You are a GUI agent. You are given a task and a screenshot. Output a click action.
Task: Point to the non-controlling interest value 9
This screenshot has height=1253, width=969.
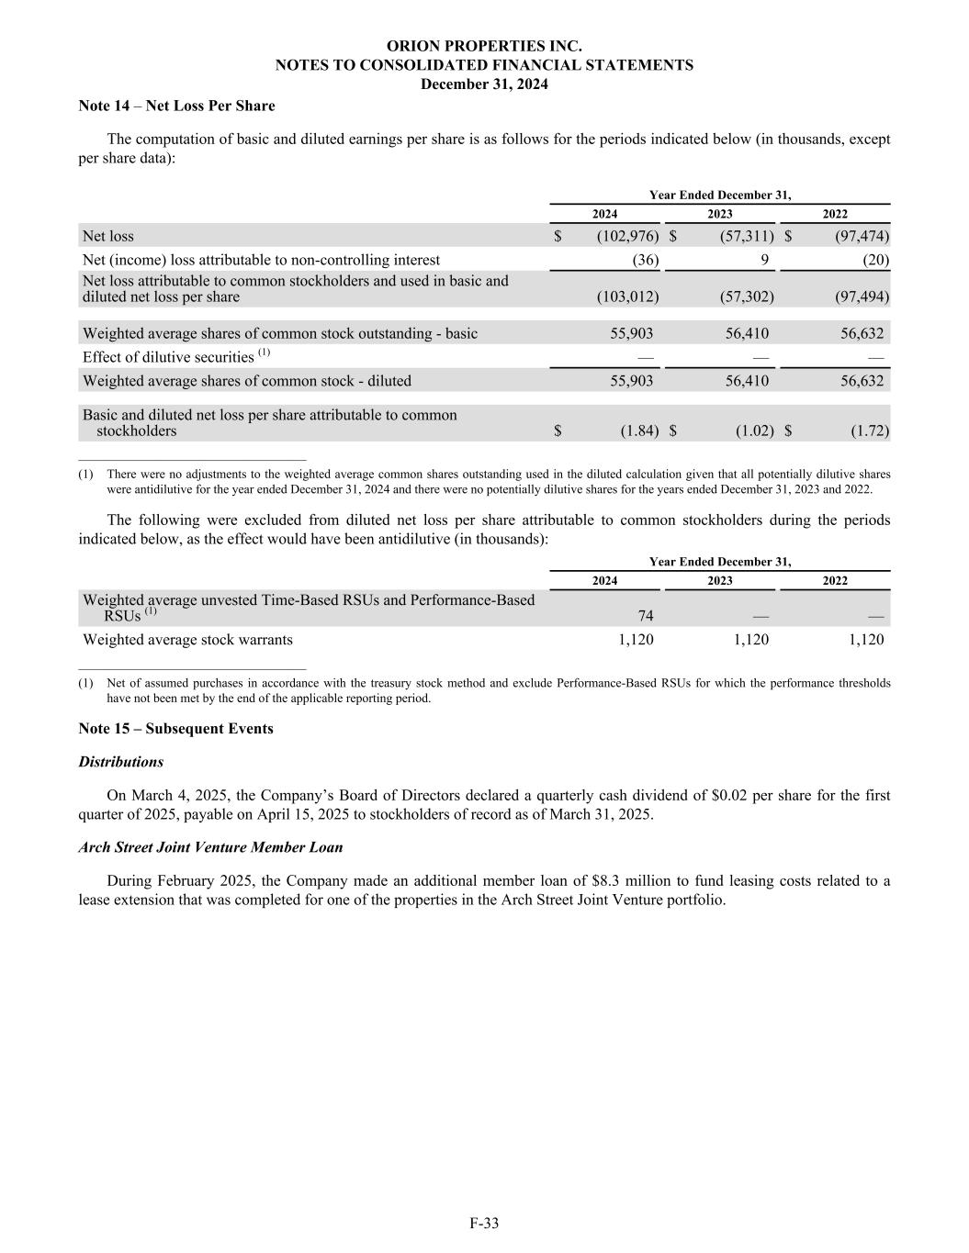point(764,260)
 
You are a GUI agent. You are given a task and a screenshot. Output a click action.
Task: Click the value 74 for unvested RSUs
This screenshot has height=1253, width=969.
point(646,616)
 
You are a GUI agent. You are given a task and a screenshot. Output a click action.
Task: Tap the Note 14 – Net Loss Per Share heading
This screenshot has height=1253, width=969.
point(176,106)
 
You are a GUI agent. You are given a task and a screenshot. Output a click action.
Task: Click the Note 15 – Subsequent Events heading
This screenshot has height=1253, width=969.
point(175,728)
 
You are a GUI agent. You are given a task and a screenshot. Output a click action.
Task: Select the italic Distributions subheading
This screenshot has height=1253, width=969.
point(120,762)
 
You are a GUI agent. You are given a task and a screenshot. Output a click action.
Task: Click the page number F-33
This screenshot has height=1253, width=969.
point(484,1223)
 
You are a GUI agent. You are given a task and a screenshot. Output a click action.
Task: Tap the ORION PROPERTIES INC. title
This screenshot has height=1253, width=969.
point(484,46)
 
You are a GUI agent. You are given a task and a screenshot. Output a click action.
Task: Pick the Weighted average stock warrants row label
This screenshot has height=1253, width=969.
point(187,640)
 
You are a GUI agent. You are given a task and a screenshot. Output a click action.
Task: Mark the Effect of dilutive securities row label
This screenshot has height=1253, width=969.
point(168,357)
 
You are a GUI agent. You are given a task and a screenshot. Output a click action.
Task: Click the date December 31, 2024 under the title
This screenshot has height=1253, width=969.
point(484,84)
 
